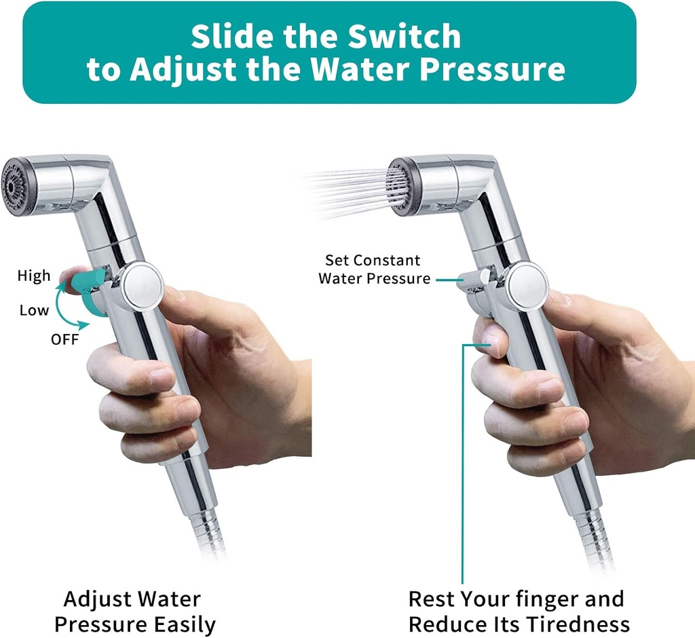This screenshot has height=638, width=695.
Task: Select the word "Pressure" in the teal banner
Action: [495, 70]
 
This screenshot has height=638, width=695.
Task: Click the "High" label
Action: [34, 276]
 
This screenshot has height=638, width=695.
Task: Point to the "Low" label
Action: [34, 310]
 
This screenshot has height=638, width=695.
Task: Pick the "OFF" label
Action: [64, 339]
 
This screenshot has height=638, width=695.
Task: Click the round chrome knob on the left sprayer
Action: [141, 286]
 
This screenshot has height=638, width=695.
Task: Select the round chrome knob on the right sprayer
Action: [526, 286]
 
